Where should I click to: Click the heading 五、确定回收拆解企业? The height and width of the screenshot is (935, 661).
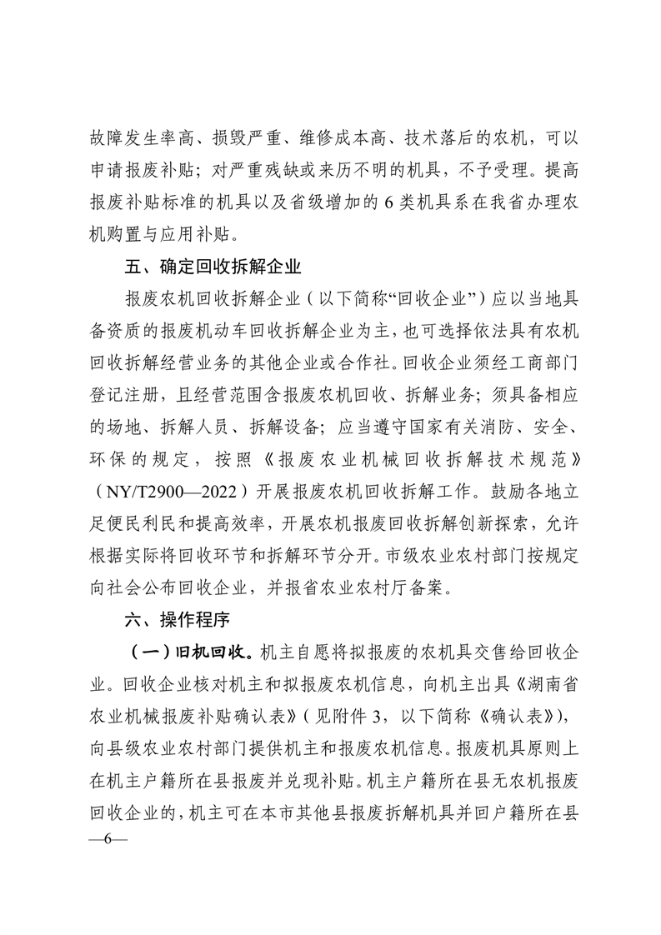[211, 268]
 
